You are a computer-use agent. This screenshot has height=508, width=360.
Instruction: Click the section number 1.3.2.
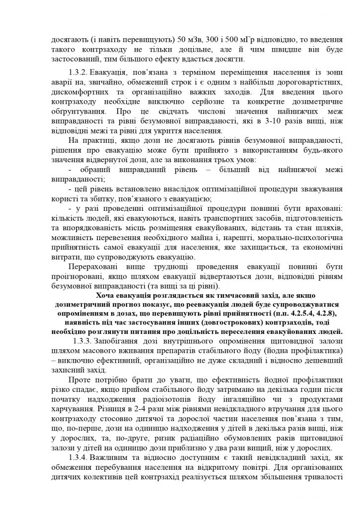click(x=78, y=67)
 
